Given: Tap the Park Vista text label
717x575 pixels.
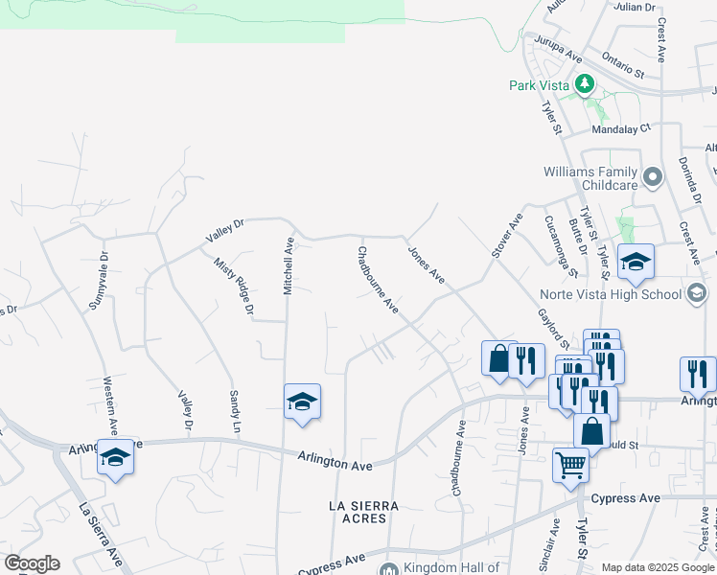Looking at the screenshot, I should [540, 85].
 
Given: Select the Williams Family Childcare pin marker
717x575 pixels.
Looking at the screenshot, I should [654, 177].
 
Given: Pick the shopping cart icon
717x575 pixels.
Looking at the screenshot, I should [570, 465].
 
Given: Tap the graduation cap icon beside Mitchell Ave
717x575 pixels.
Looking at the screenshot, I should [302, 402].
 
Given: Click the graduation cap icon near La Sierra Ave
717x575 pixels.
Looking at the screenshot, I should [115, 457].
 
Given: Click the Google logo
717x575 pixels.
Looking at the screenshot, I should [32, 563].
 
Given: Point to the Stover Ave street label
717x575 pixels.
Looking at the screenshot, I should [505, 234].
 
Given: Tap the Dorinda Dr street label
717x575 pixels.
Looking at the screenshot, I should [689, 182].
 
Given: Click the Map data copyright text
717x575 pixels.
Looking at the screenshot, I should [658, 567].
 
